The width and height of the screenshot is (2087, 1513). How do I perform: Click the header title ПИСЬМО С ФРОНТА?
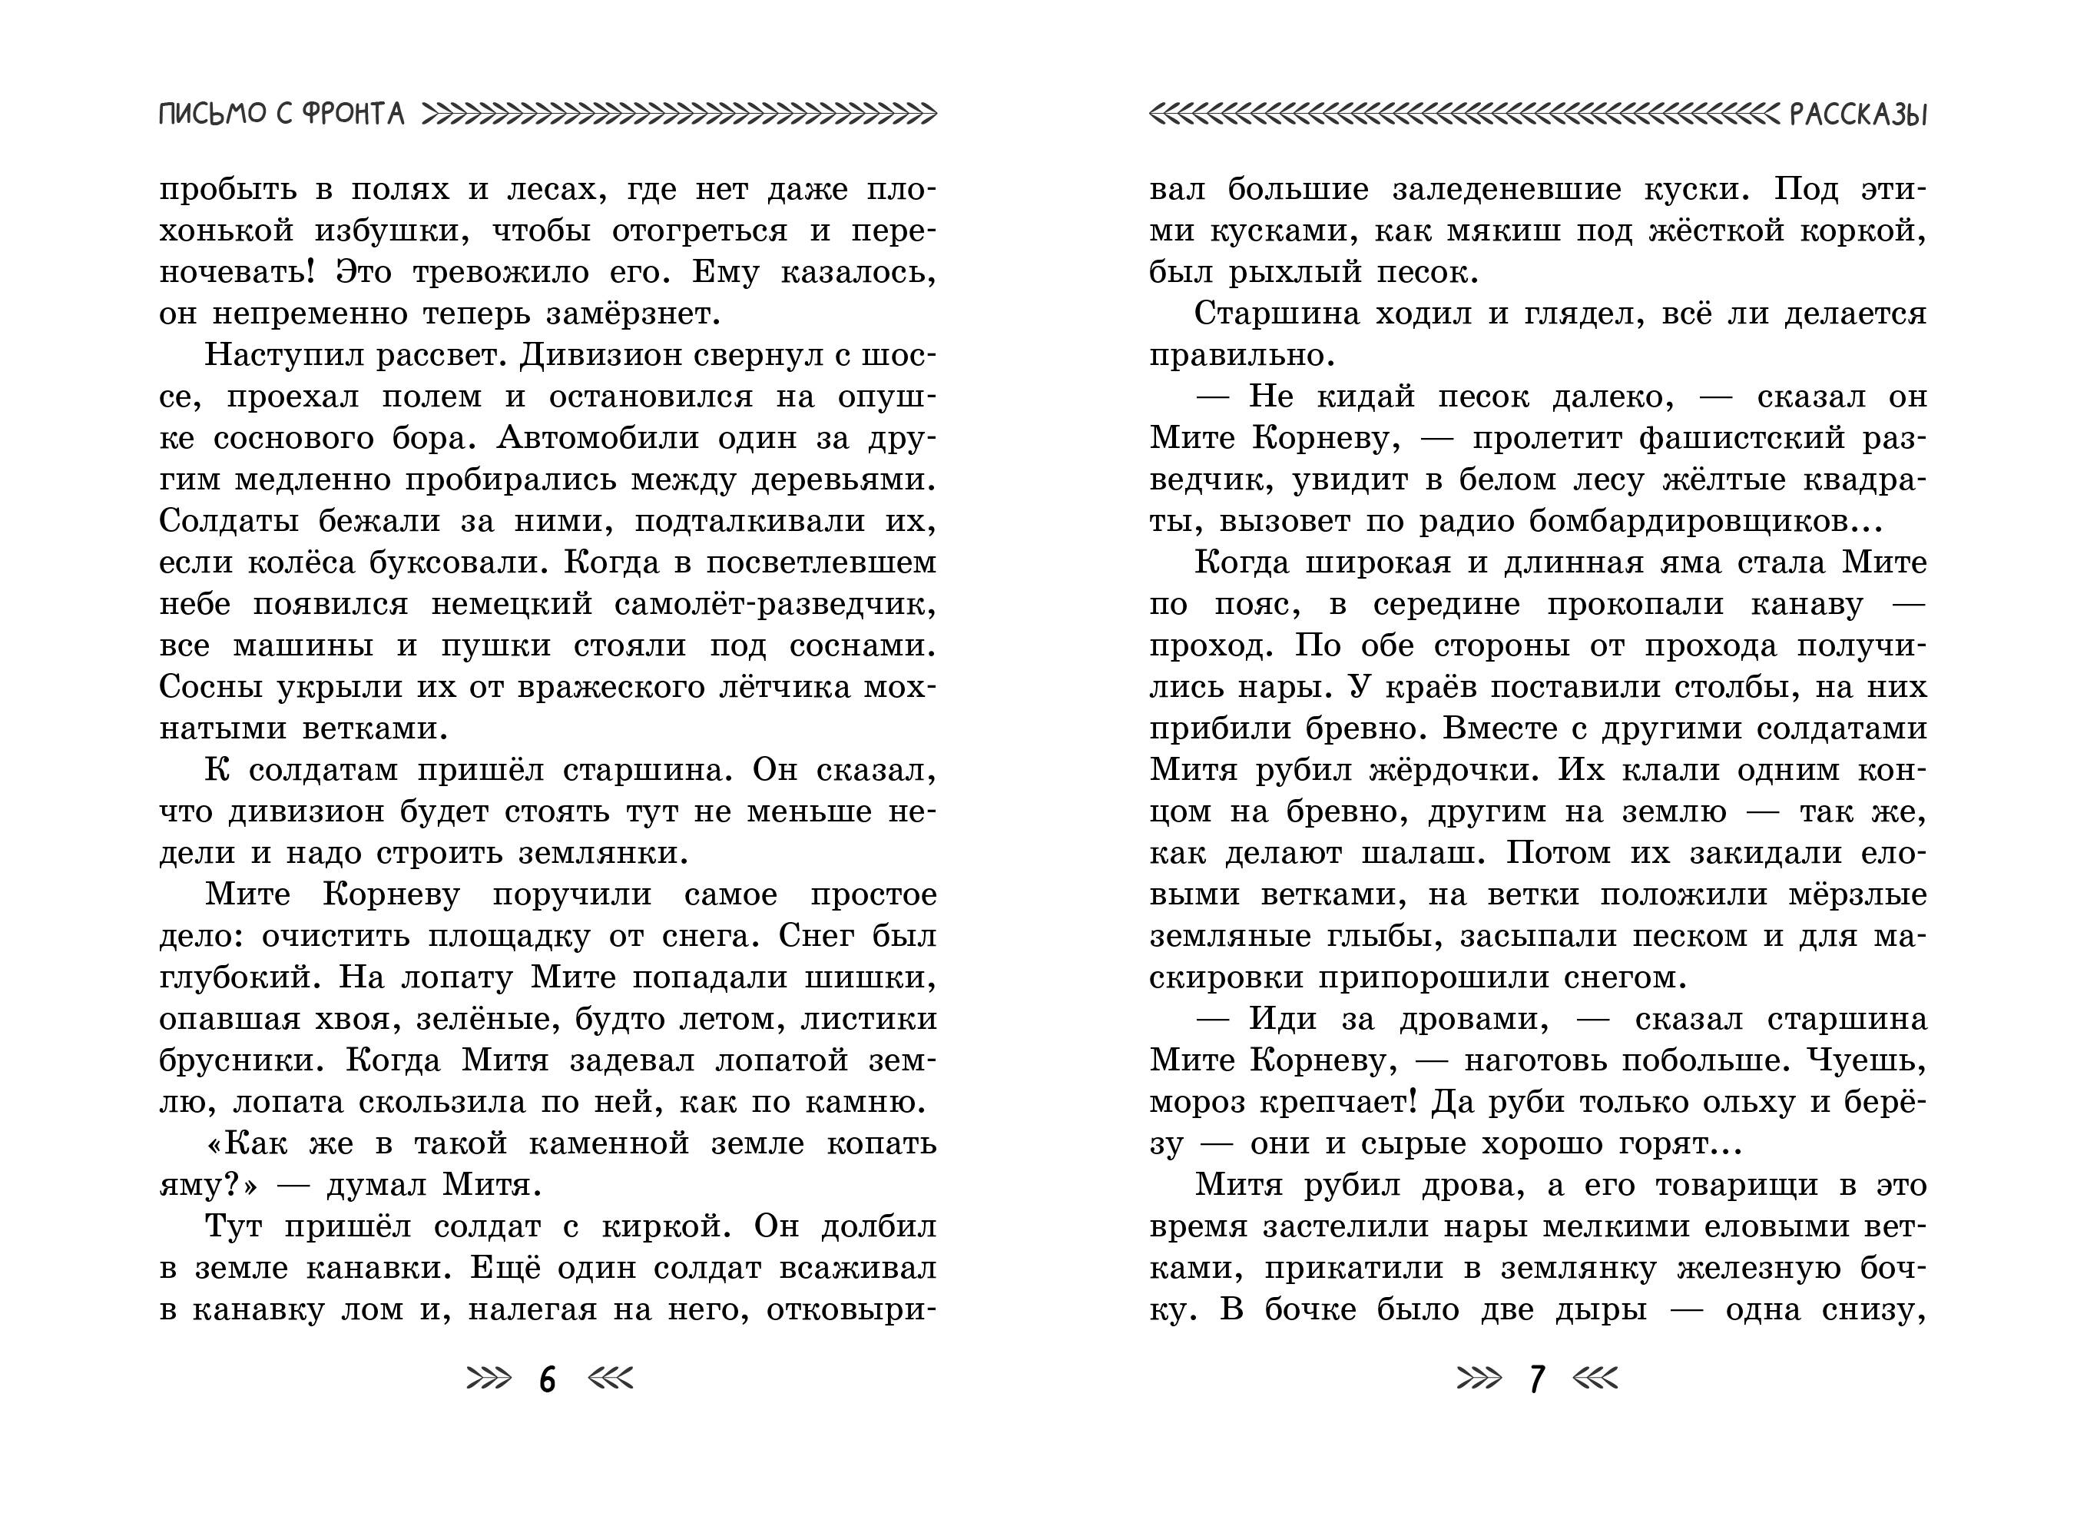(282, 114)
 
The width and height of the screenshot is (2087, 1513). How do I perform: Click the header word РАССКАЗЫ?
(1858, 114)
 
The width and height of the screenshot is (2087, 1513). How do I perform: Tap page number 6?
(548, 1379)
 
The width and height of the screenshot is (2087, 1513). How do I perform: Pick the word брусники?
(241, 1060)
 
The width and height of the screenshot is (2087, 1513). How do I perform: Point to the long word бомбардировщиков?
(1681, 522)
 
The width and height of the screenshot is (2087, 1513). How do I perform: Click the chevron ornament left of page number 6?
(489, 1379)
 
